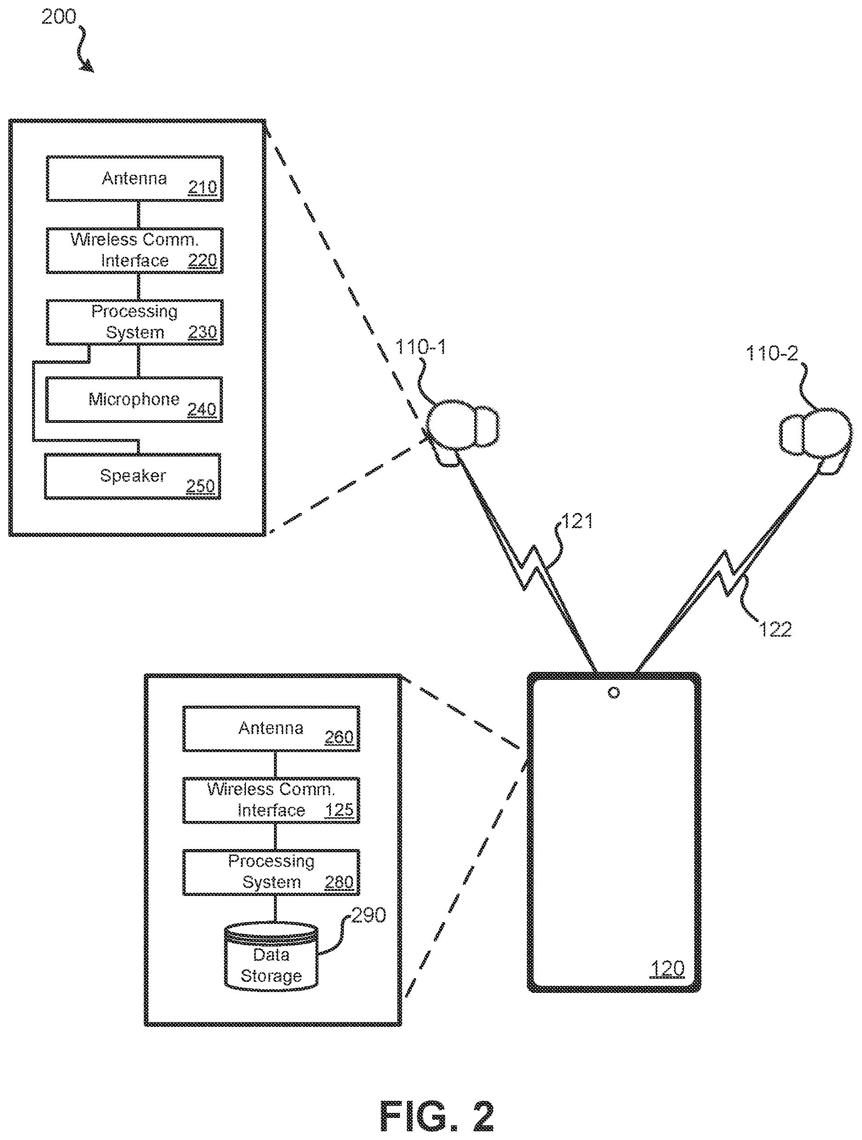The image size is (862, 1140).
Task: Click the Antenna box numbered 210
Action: point(135,178)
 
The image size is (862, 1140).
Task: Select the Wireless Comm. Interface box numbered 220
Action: point(135,251)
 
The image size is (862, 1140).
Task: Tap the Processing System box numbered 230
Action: point(135,322)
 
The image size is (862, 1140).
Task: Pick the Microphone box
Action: point(134,399)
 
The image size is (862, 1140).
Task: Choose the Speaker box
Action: point(132,476)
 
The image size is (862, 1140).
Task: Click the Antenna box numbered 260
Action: point(271,728)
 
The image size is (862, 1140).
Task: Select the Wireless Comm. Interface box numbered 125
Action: point(271,800)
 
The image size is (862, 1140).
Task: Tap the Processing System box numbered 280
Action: point(271,872)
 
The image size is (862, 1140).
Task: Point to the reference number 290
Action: point(369,915)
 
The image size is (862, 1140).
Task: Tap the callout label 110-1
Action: point(420,347)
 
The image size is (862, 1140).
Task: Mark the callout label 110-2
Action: point(772,353)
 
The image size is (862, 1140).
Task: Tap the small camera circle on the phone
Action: point(613,693)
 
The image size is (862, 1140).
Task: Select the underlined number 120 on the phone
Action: point(668,969)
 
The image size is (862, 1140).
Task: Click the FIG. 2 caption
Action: point(437,1116)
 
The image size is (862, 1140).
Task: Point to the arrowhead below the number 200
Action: point(89,67)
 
